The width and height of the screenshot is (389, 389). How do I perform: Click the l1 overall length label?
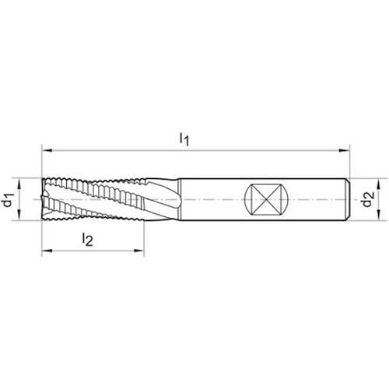point(184,139)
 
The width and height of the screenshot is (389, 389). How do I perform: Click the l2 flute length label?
point(87,239)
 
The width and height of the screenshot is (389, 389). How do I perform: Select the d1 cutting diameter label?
point(9,200)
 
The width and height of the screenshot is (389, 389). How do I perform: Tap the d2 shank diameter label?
point(369,198)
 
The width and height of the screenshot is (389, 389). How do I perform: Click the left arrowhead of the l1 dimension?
point(47,150)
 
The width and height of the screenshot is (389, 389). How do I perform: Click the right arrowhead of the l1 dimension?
point(345,150)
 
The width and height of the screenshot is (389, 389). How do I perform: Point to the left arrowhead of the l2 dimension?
point(47,251)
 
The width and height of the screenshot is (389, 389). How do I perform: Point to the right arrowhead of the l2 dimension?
point(138,251)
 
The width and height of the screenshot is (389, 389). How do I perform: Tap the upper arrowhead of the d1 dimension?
point(19,184)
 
